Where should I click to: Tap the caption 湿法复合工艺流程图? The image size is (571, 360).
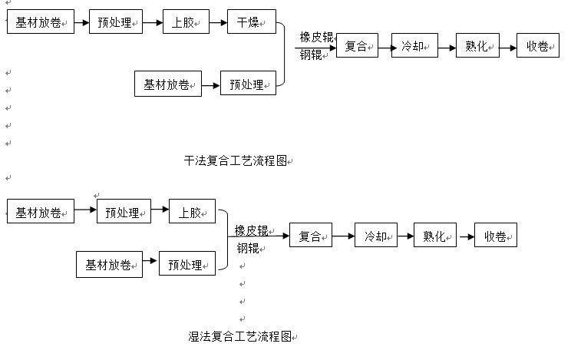(240, 336)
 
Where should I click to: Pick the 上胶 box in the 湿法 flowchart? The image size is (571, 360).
(192, 211)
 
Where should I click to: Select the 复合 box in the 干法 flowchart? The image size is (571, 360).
(358, 47)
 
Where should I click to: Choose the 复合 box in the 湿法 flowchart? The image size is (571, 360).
(310, 236)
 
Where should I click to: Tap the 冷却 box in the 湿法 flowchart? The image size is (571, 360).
(376, 236)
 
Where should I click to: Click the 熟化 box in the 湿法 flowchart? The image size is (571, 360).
(435, 236)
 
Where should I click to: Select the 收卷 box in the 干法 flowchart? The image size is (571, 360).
(538, 47)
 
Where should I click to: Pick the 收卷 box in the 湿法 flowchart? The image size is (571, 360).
(496, 236)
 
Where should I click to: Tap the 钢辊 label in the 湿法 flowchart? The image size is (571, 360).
(248, 247)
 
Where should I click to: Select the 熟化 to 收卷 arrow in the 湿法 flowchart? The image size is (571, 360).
(465, 236)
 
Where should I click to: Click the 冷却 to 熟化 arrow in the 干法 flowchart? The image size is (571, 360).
(447, 47)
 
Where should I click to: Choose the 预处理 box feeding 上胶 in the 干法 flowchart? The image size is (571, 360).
(117, 22)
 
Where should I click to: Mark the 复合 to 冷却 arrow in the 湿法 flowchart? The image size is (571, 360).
(343, 236)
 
